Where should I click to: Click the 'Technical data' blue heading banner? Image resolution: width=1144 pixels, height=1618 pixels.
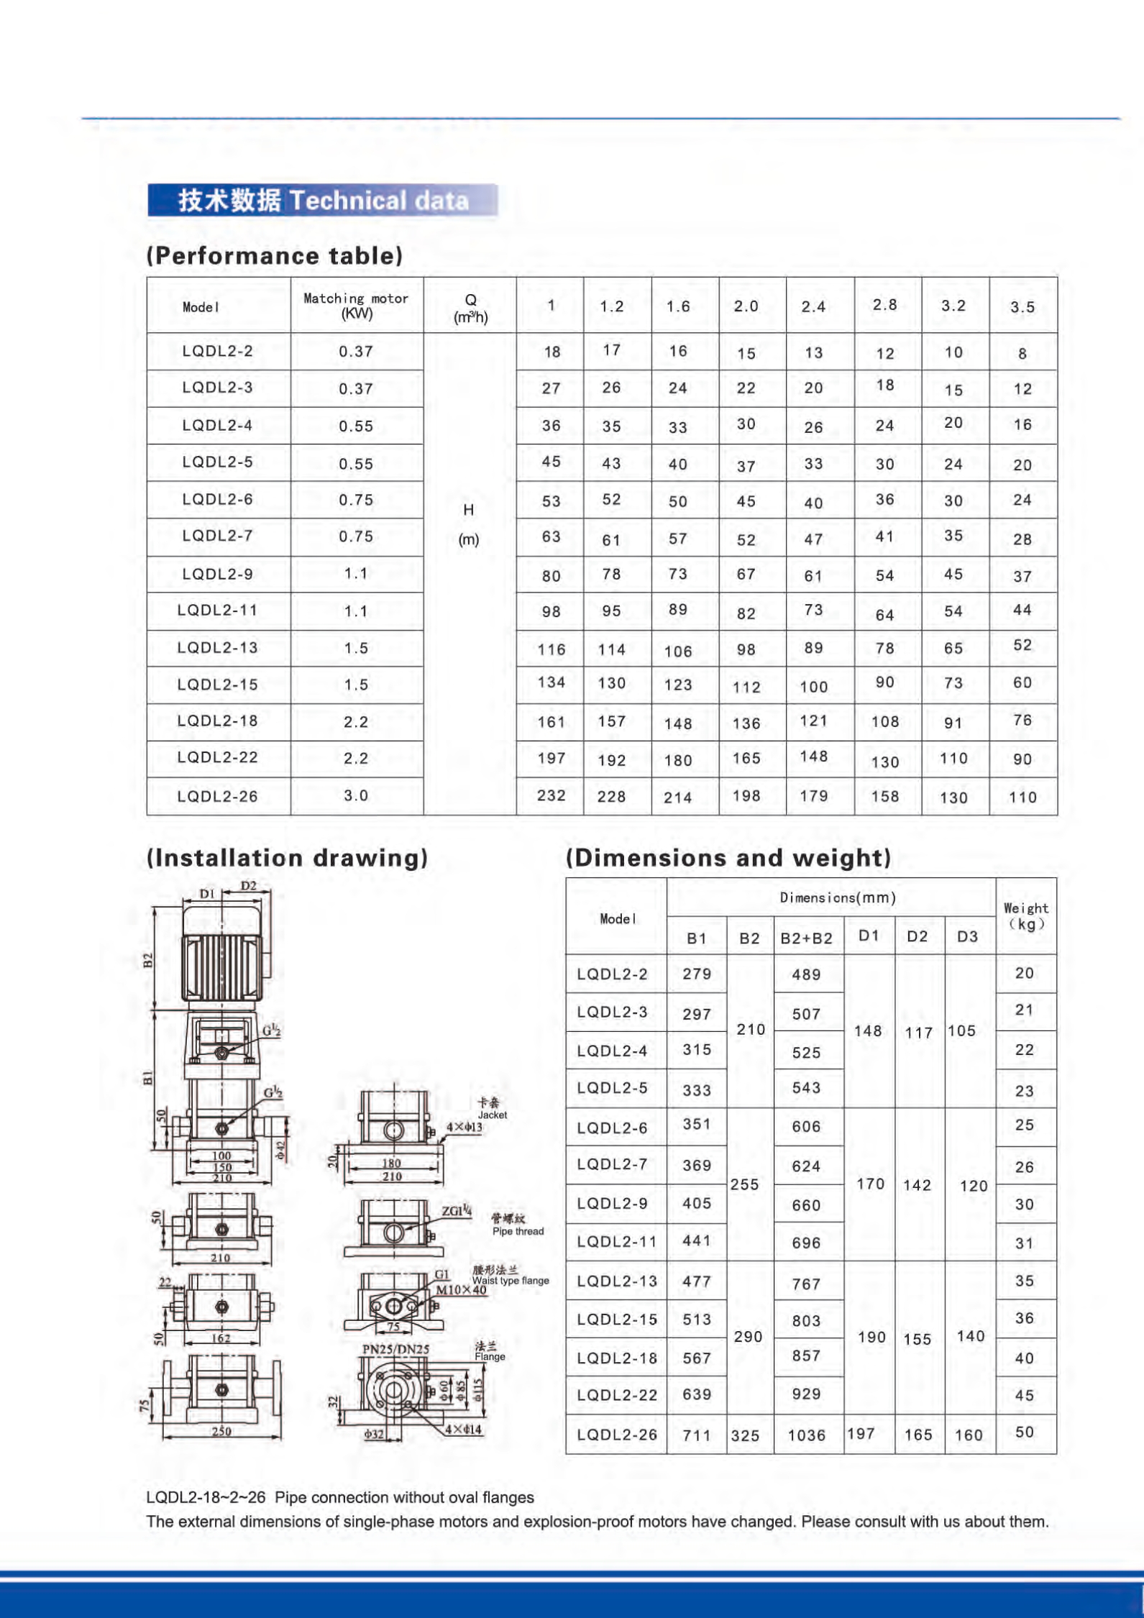(x=322, y=200)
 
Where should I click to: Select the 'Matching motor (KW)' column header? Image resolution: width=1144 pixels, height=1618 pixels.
(x=356, y=305)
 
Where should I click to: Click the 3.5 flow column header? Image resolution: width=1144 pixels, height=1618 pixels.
(x=1022, y=307)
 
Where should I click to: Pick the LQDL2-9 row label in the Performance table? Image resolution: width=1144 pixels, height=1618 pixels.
(x=217, y=574)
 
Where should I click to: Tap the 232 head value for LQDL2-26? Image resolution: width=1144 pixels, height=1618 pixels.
(x=551, y=795)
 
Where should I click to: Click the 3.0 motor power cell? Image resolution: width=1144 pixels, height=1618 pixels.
(x=356, y=795)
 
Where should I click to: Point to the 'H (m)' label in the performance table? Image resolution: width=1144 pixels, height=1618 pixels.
(x=469, y=525)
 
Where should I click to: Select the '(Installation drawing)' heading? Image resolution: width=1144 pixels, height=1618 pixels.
(x=287, y=858)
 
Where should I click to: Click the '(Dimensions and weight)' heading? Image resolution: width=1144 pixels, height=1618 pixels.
(x=728, y=858)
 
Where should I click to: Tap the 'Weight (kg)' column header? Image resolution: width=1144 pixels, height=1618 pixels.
(x=1025, y=915)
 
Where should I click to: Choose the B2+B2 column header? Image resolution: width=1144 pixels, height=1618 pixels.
(x=806, y=938)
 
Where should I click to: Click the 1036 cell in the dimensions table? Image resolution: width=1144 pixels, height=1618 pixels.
(x=806, y=1435)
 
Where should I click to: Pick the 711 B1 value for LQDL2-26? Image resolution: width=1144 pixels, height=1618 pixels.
(x=696, y=1435)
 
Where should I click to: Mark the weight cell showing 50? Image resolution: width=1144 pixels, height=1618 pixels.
(x=1025, y=1432)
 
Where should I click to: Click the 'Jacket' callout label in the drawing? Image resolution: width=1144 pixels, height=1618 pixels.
(x=493, y=1115)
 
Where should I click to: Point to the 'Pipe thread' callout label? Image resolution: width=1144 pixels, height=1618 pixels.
(x=518, y=1231)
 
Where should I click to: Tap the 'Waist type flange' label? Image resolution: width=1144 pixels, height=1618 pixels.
(x=511, y=1280)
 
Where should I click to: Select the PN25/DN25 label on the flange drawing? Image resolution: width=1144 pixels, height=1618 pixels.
(x=395, y=1349)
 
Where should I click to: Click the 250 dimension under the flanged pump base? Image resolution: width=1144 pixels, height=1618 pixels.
(x=221, y=1431)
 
